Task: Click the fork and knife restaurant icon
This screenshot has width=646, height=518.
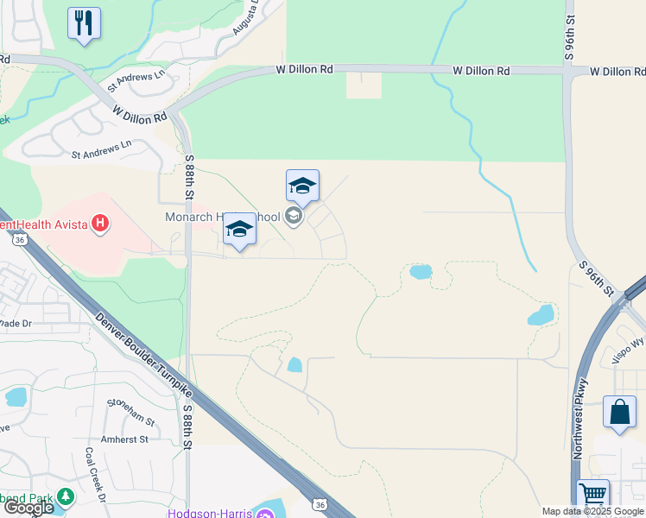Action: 84,23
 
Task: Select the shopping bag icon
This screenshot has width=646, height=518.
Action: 619,412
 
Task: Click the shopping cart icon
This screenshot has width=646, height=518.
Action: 593,496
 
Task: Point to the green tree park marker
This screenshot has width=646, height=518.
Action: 65,497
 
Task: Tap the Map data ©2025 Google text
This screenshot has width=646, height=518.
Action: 592,511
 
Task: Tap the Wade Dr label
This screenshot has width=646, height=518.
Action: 15,323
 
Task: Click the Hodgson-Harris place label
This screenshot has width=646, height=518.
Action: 210,514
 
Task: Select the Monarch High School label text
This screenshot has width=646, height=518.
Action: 223,217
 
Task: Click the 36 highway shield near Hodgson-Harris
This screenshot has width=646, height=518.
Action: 320,504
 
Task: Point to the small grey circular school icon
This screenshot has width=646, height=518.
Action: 294,216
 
